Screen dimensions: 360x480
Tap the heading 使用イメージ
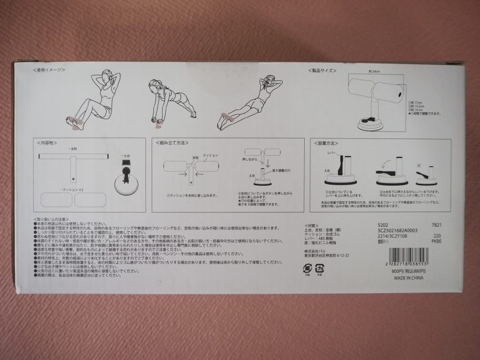51,70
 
